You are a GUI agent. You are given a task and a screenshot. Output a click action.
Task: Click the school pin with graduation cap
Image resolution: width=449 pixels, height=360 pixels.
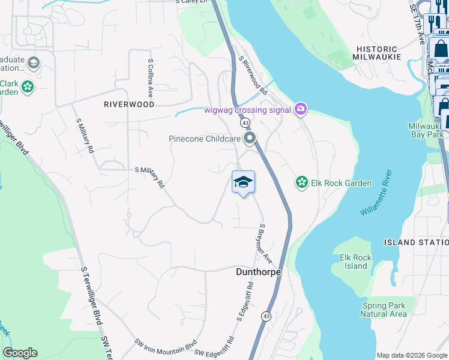coord(243,182)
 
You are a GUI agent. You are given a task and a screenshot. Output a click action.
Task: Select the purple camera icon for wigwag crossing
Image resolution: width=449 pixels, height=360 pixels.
coord(301,109)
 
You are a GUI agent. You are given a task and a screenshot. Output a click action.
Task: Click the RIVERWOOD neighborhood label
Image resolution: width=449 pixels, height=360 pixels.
coord(129,104)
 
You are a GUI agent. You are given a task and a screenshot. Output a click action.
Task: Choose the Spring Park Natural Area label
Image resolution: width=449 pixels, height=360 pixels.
coord(384,310)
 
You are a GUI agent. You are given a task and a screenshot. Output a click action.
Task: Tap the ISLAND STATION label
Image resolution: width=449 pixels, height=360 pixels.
coord(416,242)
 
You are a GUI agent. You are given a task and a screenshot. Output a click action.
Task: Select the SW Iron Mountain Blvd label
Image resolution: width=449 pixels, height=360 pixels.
coord(166,344)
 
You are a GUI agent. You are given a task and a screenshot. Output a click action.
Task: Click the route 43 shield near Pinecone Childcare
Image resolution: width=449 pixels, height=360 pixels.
coord(246,123)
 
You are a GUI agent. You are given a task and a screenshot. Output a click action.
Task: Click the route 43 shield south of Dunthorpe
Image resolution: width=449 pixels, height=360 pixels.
coord(266,316)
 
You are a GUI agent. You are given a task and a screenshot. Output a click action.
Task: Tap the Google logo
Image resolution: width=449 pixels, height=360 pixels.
coord(20,353)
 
